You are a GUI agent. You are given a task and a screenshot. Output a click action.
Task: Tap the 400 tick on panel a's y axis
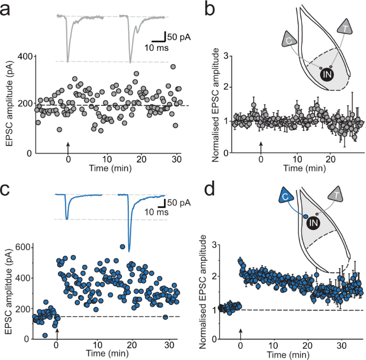(24, 56)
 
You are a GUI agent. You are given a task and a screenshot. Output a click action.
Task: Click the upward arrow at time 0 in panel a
(68, 146)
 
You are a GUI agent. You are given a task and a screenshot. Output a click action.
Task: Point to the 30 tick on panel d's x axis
(339, 346)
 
